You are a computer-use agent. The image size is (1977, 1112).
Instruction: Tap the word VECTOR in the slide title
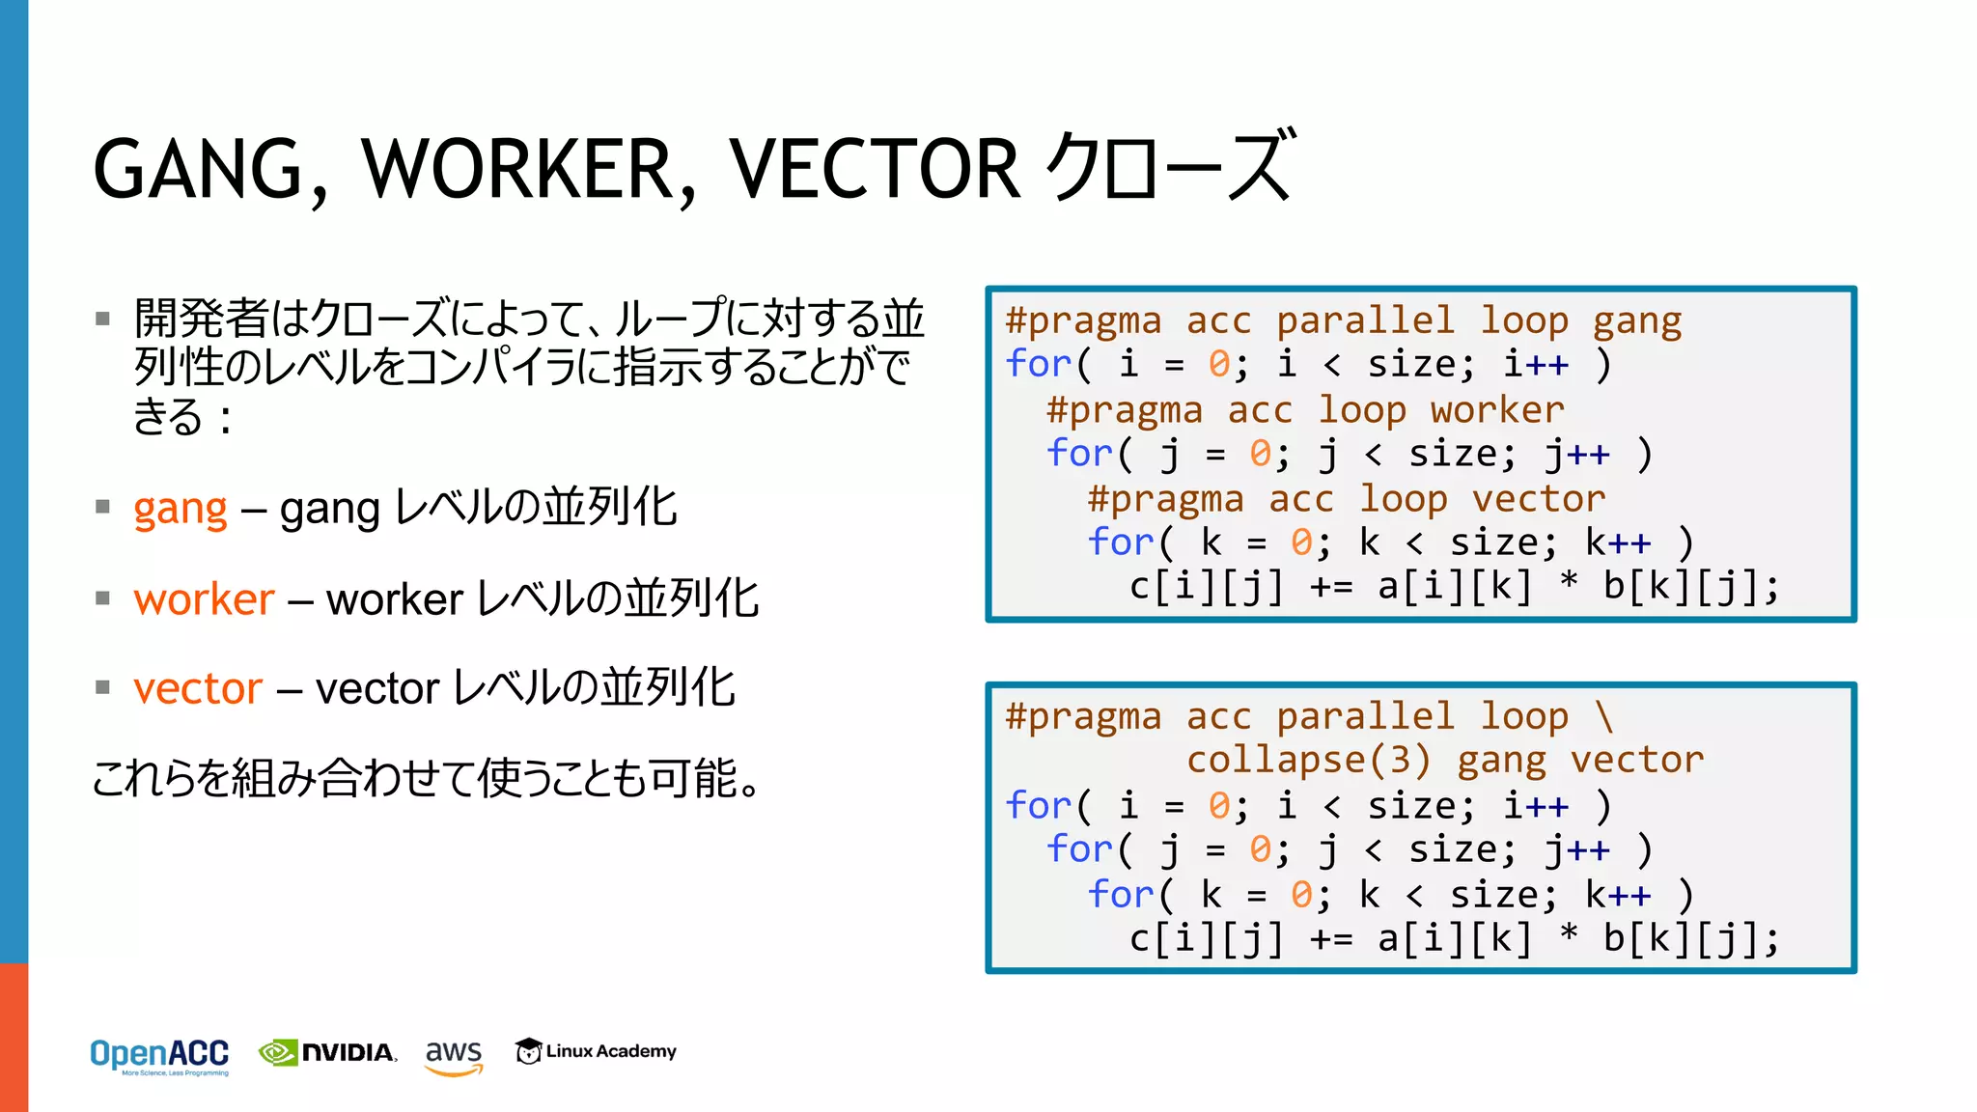(x=874, y=169)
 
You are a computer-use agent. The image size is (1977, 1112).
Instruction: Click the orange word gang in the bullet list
(x=181, y=509)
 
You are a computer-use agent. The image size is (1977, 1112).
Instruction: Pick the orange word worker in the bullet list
(x=205, y=599)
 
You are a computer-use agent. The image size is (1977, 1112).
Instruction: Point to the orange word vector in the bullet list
(x=198, y=689)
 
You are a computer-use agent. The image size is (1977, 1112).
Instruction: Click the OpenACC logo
(x=159, y=1055)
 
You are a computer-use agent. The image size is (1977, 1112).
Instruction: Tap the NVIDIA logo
(x=328, y=1052)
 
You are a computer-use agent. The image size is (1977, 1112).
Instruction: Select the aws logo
(x=454, y=1054)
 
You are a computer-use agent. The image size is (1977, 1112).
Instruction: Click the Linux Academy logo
(x=596, y=1051)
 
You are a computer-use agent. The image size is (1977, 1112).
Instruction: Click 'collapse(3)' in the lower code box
(x=1308, y=761)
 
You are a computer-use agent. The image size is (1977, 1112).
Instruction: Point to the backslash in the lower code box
(x=1603, y=716)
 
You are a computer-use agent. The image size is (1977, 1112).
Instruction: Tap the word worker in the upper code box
(x=1496, y=410)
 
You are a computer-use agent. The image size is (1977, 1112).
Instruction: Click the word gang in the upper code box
(x=1637, y=320)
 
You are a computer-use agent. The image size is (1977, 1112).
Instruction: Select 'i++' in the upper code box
(x=1536, y=365)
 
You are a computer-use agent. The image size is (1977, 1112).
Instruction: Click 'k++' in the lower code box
(x=1618, y=895)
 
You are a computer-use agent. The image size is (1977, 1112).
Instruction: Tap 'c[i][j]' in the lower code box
(x=1207, y=938)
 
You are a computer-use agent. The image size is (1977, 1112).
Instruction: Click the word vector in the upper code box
(x=1539, y=499)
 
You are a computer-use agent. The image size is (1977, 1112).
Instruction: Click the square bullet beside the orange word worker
(x=103, y=598)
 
